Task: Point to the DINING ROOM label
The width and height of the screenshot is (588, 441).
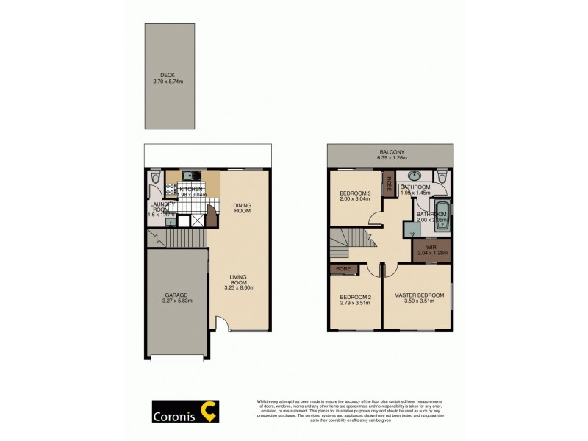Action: click(x=242, y=207)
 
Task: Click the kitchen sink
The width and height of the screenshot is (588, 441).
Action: click(x=190, y=176)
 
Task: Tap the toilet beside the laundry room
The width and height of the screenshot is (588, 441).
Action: click(x=154, y=178)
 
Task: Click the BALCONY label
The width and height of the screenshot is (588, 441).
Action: click(x=390, y=152)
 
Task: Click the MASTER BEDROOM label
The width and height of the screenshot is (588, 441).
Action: click(x=419, y=295)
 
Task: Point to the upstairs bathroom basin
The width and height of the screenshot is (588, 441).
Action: click(x=414, y=176)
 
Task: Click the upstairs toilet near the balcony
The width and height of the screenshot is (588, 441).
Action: click(x=442, y=177)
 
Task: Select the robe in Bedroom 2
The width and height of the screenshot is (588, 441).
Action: click(x=343, y=269)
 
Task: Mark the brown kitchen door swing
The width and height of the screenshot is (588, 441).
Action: click(x=212, y=215)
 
